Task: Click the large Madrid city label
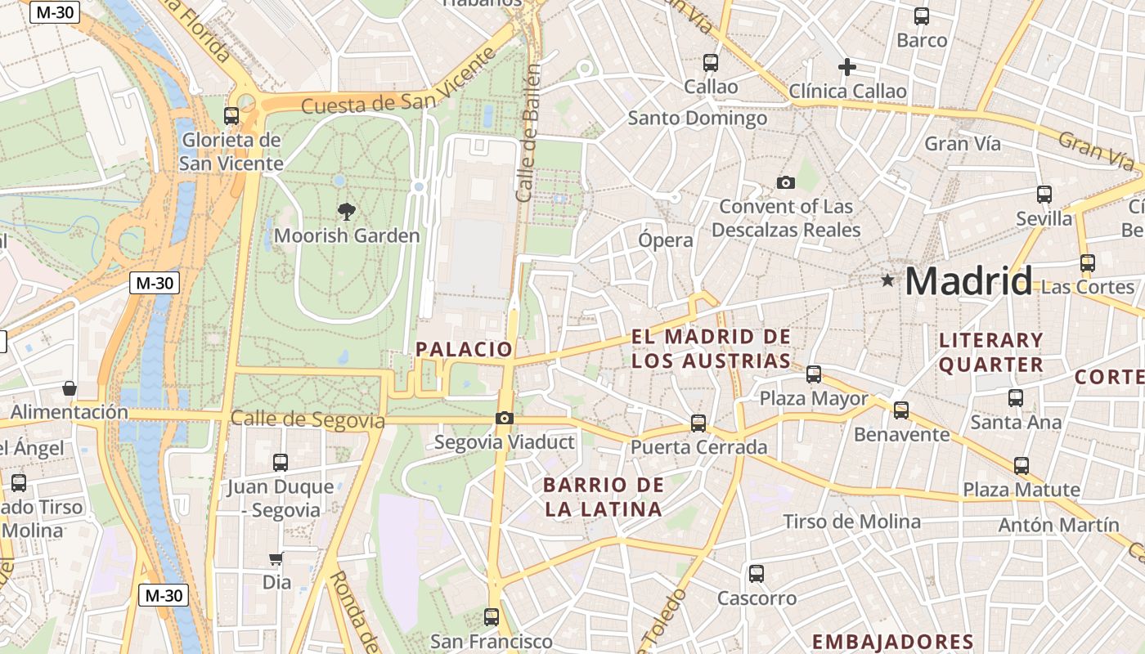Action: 968,281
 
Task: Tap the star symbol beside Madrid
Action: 887,280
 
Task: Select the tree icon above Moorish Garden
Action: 347,212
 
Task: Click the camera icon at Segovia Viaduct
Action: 505,419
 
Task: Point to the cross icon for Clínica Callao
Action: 847,66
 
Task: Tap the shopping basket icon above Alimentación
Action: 70,387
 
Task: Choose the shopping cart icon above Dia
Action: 276,559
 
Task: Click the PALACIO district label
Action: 464,349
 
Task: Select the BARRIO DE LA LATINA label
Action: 604,497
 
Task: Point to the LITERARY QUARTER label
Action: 991,352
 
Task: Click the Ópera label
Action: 666,240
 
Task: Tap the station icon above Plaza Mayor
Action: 814,374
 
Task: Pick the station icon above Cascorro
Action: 757,573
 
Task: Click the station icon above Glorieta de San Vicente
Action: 231,115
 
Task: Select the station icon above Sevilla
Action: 1044,194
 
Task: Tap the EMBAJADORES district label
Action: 892,642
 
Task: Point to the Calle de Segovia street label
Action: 308,419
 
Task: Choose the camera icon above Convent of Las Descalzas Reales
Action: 786,182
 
